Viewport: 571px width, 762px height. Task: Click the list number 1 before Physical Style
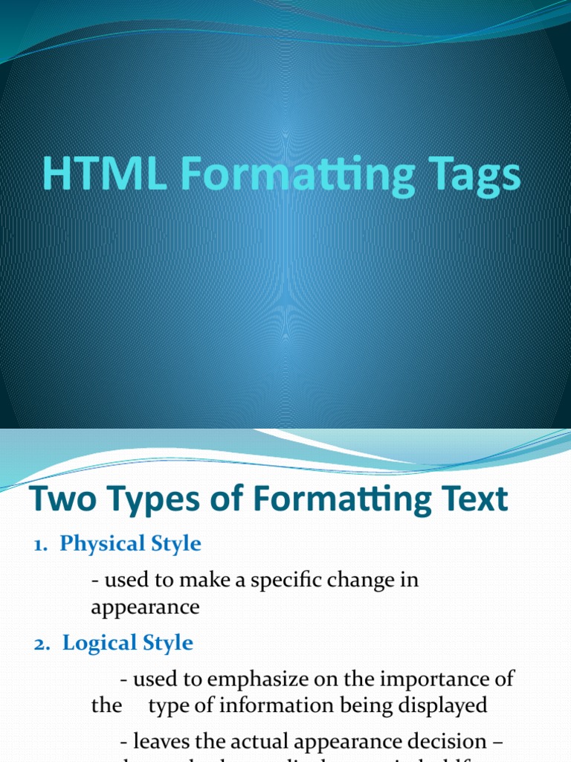tap(39, 544)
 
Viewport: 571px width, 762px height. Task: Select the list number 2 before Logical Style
tap(40, 644)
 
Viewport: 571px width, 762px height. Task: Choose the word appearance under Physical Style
tap(145, 607)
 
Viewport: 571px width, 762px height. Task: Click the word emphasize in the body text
tap(271, 680)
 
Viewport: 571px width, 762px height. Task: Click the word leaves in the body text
tap(161, 742)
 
